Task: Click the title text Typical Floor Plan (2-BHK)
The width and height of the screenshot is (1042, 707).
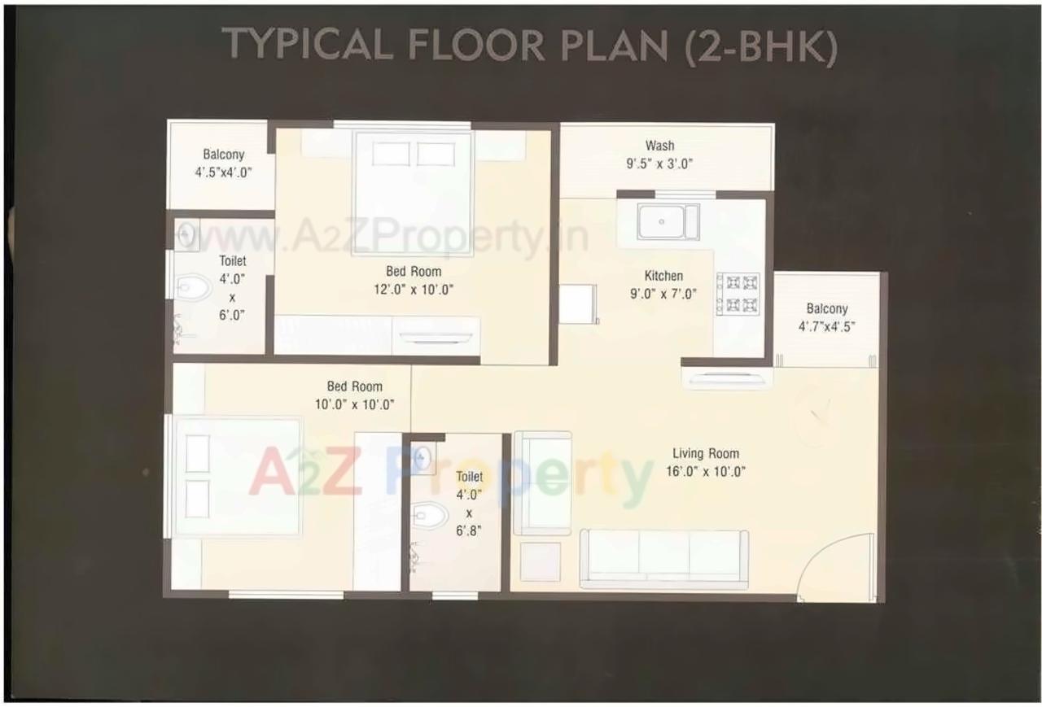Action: pos(529,45)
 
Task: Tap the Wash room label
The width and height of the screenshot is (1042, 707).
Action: pos(659,146)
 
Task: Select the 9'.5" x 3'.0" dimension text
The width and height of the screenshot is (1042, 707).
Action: pos(659,163)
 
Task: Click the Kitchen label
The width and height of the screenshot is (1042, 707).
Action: pos(663,276)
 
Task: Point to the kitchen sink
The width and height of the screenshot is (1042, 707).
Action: pos(668,221)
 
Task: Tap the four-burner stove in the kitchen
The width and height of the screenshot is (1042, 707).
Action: pos(738,294)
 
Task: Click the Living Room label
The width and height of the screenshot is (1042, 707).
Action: pos(706,453)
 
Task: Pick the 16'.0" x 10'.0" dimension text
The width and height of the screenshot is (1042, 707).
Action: pos(706,471)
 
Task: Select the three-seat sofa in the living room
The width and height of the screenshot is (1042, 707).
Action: pos(663,558)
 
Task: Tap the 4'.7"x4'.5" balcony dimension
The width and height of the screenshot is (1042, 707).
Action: pos(827,326)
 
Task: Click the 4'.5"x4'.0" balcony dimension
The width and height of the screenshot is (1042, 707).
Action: pos(224,172)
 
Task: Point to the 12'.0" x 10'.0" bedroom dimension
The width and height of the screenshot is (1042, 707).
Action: pos(414,289)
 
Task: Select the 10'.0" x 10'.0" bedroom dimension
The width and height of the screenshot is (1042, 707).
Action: pos(355,404)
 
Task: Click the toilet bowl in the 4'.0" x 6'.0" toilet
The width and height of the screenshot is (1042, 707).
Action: pos(192,287)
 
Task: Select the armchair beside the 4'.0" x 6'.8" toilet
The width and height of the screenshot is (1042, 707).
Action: pos(542,483)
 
